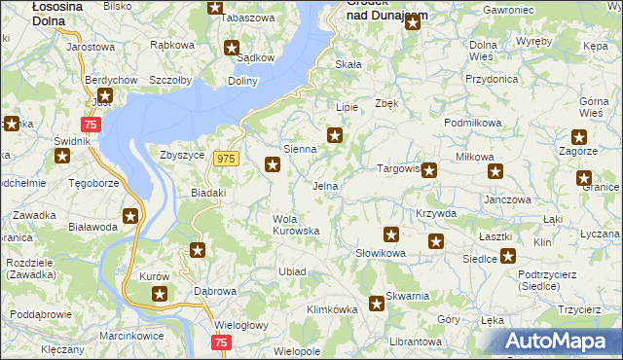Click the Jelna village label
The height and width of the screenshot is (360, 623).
(325, 185)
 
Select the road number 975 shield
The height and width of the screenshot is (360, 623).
(227, 159)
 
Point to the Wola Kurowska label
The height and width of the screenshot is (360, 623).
(296, 224)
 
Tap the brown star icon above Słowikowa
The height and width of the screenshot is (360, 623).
(391, 234)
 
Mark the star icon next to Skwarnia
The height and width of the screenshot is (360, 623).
(377, 304)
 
